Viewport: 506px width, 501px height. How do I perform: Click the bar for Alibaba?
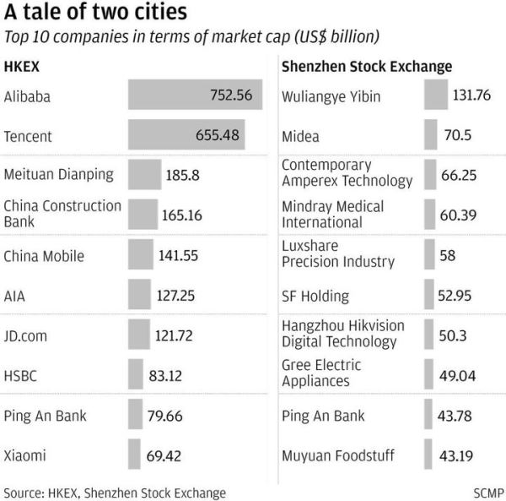[195, 95]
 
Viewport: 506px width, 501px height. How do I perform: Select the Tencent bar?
[195, 134]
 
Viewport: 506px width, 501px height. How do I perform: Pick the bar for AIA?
[139, 295]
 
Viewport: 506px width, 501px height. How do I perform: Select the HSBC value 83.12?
[170, 375]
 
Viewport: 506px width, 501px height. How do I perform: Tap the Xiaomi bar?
[134, 455]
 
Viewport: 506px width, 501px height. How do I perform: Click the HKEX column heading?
[22, 66]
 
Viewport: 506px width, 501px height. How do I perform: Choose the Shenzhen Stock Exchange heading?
[366, 66]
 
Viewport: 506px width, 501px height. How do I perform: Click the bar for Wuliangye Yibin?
[436, 95]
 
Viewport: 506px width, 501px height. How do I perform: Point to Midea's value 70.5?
[458, 135]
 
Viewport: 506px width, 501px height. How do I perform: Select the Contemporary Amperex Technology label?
[347, 173]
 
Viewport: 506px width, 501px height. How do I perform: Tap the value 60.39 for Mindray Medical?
[458, 215]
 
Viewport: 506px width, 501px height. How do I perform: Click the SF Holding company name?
[315, 296]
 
